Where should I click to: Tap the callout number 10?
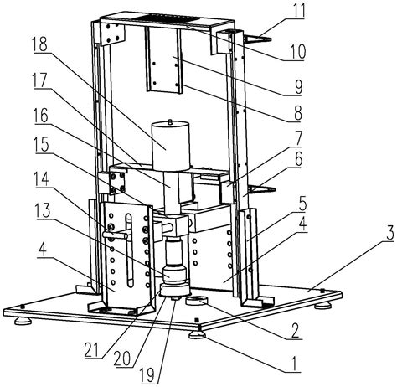[296, 51]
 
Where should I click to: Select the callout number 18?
[39, 44]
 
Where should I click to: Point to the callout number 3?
[389, 232]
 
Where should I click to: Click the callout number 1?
[294, 363]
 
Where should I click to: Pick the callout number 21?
[92, 352]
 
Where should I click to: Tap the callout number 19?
[147, 375]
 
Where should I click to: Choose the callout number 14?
[41, 179]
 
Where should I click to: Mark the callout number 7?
[298, 138]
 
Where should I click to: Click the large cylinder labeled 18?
[171, 146]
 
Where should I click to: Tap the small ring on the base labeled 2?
[197, 301]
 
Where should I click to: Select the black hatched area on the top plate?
[167, 18]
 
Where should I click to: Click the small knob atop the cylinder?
[170, 121]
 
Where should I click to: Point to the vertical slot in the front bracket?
[129, 250]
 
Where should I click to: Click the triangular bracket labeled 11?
[257, 39]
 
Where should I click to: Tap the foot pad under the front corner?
[198, 334]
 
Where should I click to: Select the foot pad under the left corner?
[23, 321]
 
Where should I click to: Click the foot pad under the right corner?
[323, 306]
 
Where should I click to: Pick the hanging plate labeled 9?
[163, 60]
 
